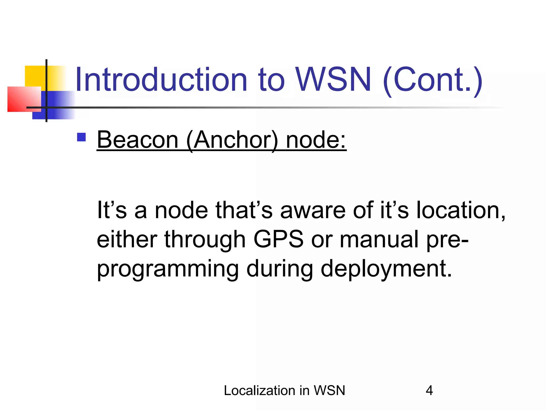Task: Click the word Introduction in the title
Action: (x=162, y=80)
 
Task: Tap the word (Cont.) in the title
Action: (x=432, y=80)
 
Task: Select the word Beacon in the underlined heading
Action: (x=138, y=140)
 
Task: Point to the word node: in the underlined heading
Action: (x=316, y=140)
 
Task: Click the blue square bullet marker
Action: (x=81, y=137)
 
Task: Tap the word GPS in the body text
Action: (x=278, y=239)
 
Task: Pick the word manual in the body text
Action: (x=379, y=239)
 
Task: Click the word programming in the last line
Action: (x=168, y=269)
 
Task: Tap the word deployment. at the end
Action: (x=386, y=269)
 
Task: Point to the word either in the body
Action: (x=127, y=239)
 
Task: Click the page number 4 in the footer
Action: (x=429, y=391)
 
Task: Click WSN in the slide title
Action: (x=333, y=80)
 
